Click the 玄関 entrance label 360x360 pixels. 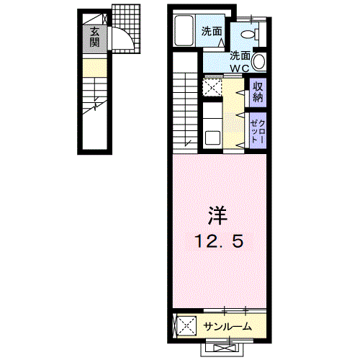pyautogui.click(x=95, y=37)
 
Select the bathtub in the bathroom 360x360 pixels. pyautogui.click(x=184, y=30)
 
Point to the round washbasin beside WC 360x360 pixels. pyautogui.click(x=259, y=62)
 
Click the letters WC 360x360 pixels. pyautogui.click(x=240, y=68)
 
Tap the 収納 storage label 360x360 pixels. pyautogui.click(x=258, y=92)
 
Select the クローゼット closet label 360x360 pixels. pyautogui.click(x=258, y=131)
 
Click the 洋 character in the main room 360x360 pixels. pyautogui.click(x=218, y=215)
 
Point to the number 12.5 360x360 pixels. pyautogui.click(x=220, y=241)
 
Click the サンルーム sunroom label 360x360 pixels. pyautogui.click(x=228, y=327)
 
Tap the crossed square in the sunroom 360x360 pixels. pyautogui.click(x=186, y=326)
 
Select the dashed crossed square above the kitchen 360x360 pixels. pyautogui.click(x=212, y=87)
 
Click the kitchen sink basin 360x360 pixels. pyautogui.click(x=212, y=138)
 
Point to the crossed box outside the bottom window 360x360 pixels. pyautogui.click(x=222, y=348)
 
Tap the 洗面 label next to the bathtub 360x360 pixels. pyautogui.click(x=212, y=32)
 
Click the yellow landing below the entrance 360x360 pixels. pyautogui.click(x=95, y=68)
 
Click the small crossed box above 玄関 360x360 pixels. pyautogui.click(x=104, y=19)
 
